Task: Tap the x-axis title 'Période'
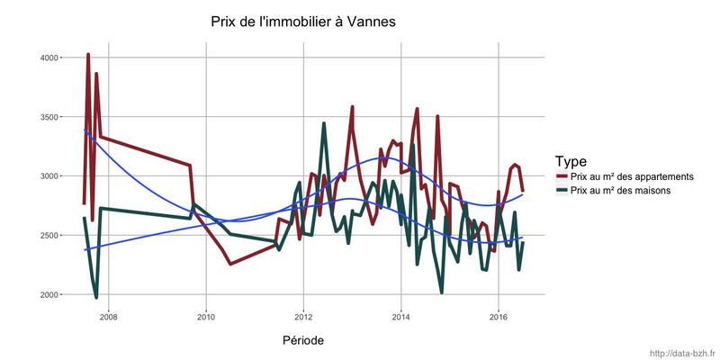pyautogui.click(x=302, y=340)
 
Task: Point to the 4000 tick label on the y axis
pyautogui.click(x=47, y=58)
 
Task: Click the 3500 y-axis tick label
pyautogui.click(x=47, y=117)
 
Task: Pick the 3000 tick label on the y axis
pyautogui.click(x=47, y=176)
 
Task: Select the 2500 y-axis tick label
pyautogui.click(x=47, y=236)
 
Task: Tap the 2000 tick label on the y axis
pyautogui.click(x=47, y=295)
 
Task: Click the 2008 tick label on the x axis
pyautogui.click(x=108, y=316)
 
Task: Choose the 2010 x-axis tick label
pyautogui.click(x=205, y=316)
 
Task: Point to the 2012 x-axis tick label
pyautogui.click(x=303, y=316)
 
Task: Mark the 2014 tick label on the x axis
pyautogui.click(x=400, y=316)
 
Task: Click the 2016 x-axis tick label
pyautogui.click(x=499, y=316)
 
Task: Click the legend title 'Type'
pyautogui.click(x=571, y=161)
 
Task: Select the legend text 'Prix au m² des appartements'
pyautogui.click(x=632, y=176)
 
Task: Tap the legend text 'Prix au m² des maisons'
pyautogui.click(x=620, y=191)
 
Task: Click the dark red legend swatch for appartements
pyautogui.click(x=562, y=176)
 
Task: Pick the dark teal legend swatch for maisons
pyautogui.click(x=562, y=191)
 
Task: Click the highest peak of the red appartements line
pyautogui.click(x=88, y=55)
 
